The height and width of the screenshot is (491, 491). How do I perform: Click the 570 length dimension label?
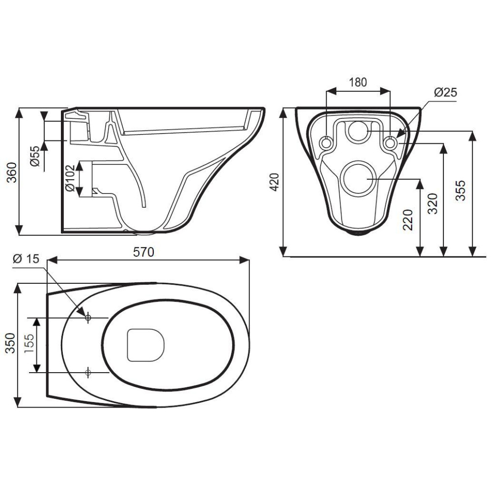click(144, 252)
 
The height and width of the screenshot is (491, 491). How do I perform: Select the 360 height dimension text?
click(12, 172)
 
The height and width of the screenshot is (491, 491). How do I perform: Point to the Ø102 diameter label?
click(70, 178)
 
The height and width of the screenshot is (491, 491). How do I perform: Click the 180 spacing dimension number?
click(357, 82)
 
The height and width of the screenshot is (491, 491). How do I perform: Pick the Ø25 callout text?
click(445, 92)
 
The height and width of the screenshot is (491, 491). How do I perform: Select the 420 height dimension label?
click(274, 182)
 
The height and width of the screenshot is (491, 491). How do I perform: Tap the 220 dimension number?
click(408, 220)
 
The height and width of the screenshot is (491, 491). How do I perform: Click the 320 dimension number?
click(433, 204)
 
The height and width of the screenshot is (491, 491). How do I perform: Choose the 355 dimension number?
click(461, 190)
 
